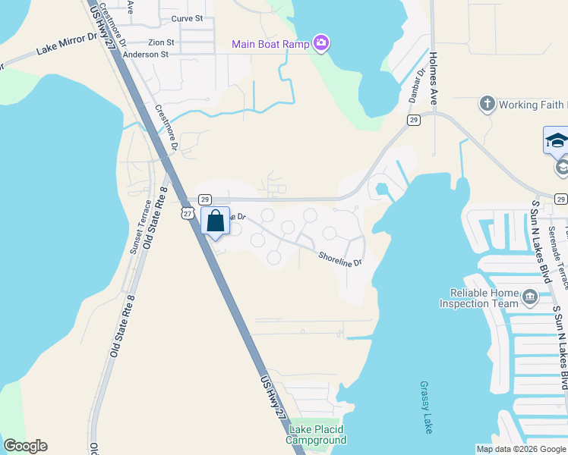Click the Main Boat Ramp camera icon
click(x=321, y=42)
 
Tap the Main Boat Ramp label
click(x=270, y=43)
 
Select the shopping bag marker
click(x=215, y=221)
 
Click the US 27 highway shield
click(x=188, y=215)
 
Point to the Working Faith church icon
click(x=487, y=104)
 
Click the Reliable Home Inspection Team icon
click(x=529, y=298)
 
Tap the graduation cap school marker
click(x=557, y=140)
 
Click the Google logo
click(x=26, y=447)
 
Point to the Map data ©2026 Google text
click(x=521, y=449)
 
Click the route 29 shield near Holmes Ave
click(x=413, y=120)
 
